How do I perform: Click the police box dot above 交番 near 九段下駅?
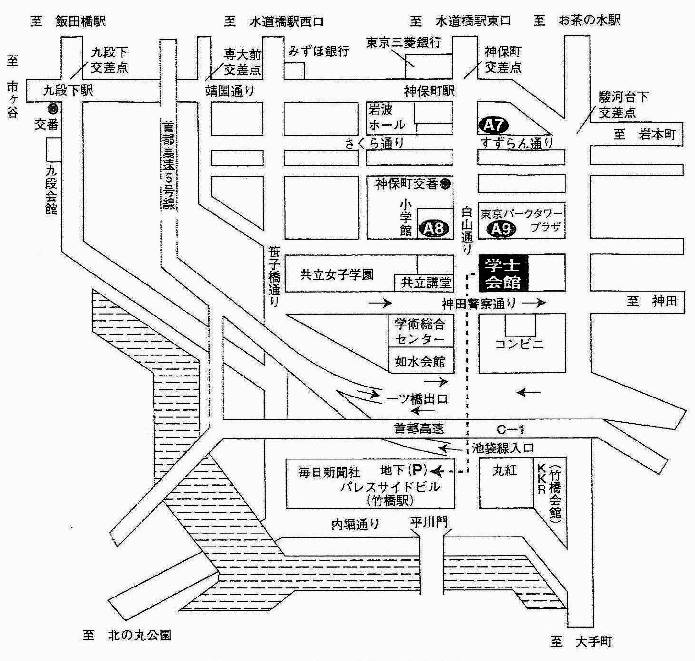point(53,109)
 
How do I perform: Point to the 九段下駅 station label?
point(68,91)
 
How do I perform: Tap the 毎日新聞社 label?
point(329,472)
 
